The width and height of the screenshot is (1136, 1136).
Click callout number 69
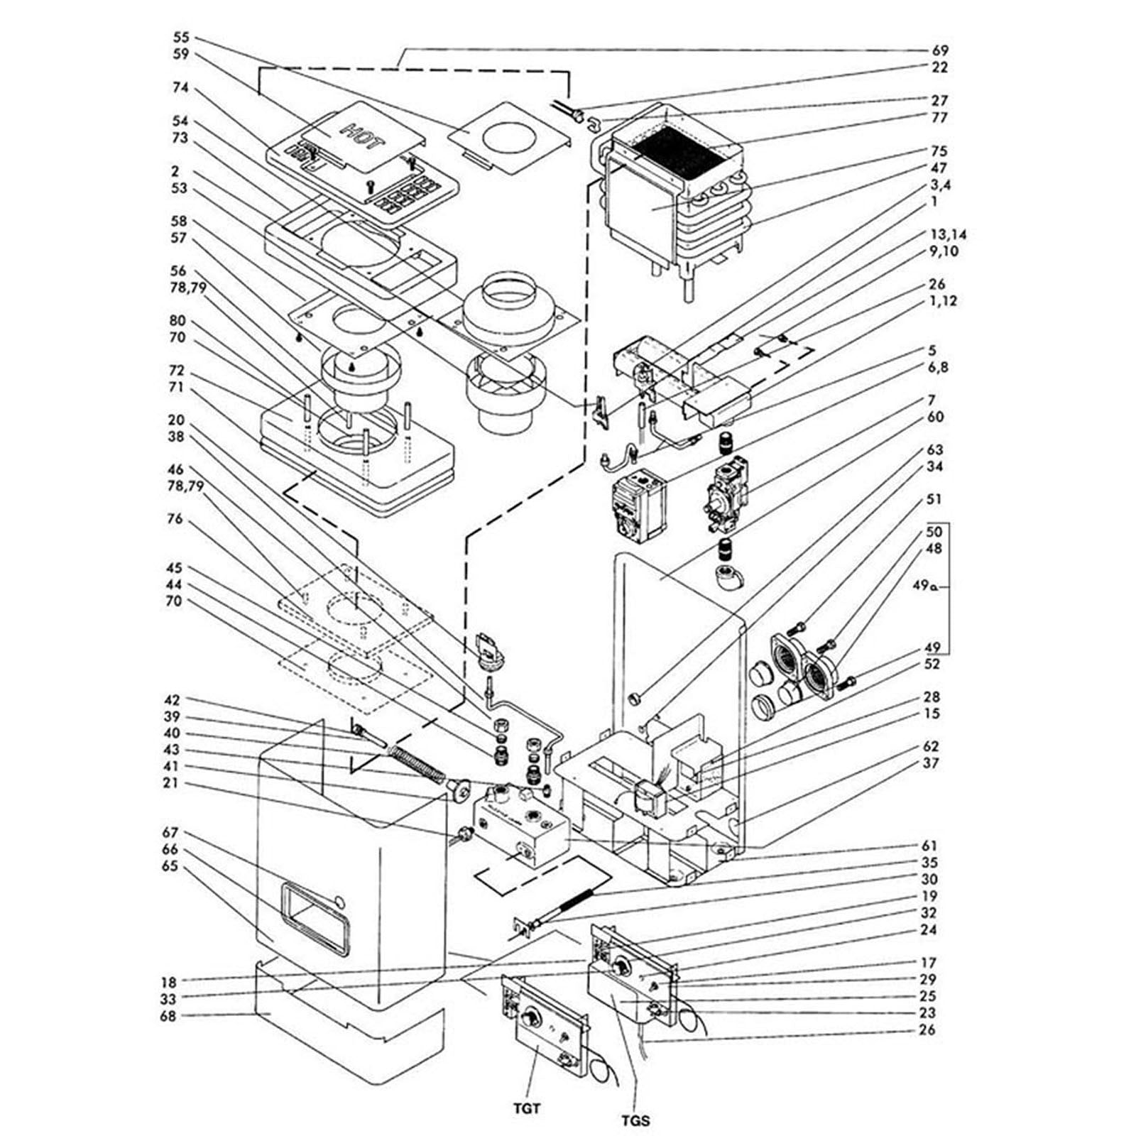tap(940, 50)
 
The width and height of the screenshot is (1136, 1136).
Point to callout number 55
tap(181, 36)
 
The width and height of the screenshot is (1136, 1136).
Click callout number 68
tap(169, 1016)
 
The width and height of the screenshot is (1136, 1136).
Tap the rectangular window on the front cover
tap(316, 918)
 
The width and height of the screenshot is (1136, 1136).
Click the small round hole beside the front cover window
tap(339, 902)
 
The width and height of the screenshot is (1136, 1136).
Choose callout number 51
tap(934, 499)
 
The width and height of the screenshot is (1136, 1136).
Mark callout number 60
tap(936, 417)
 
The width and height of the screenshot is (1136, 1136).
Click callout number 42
tap(173, 700)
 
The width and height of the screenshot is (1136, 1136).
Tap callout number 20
tap(177, 420)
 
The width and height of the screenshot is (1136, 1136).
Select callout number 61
tap(929, 846)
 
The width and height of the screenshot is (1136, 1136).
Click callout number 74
tap(180, 87)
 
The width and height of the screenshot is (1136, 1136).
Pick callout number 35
tap(929, 863)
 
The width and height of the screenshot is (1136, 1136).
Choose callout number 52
tap(932, 664)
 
